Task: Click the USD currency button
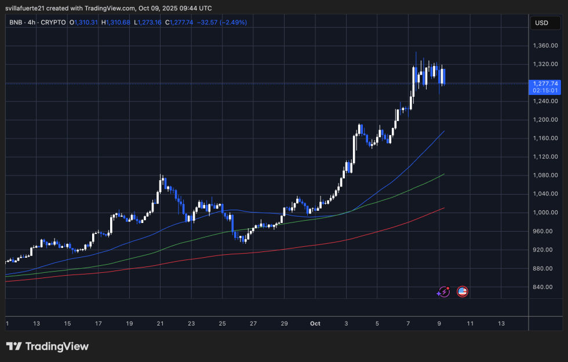pos(541,23)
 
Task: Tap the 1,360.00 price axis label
pos(545,45)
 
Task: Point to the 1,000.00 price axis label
pos(545,213)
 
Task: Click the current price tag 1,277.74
pos(545,83)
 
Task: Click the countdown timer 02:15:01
pos(545,90)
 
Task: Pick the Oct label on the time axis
pos(315,323)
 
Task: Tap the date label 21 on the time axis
pos(161,323)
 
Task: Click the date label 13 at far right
pos(501,323)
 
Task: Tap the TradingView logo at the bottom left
pos(48,346)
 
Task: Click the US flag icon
pos(463,291)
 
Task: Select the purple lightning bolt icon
pos(443,292)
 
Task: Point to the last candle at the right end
pos(443,76)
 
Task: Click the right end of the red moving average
pos(444,208)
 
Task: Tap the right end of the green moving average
pos(444,174)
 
